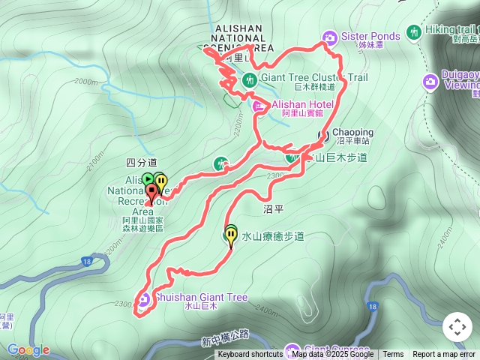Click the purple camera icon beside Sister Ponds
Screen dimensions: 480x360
pos(329,37)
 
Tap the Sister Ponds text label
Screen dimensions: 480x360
pos(370,36)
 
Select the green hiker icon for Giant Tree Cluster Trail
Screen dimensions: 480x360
pos(250,79)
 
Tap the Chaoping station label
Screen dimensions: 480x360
pos(352,133)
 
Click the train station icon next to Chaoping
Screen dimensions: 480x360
pos(324,136)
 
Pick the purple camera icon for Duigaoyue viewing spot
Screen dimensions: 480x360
pos(430,80)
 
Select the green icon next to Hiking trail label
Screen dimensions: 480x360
pos(413,31)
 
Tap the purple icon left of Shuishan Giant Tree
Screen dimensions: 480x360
pos(143,301)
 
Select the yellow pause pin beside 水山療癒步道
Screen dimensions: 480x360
pos(230,236)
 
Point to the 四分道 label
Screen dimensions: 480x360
pos(141,162)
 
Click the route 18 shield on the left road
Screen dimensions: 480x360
pos(85,262)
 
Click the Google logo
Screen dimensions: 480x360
pos(28,349)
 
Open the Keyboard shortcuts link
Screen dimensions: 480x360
pos(250,355)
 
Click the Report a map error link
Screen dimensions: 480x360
pos(445,355)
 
